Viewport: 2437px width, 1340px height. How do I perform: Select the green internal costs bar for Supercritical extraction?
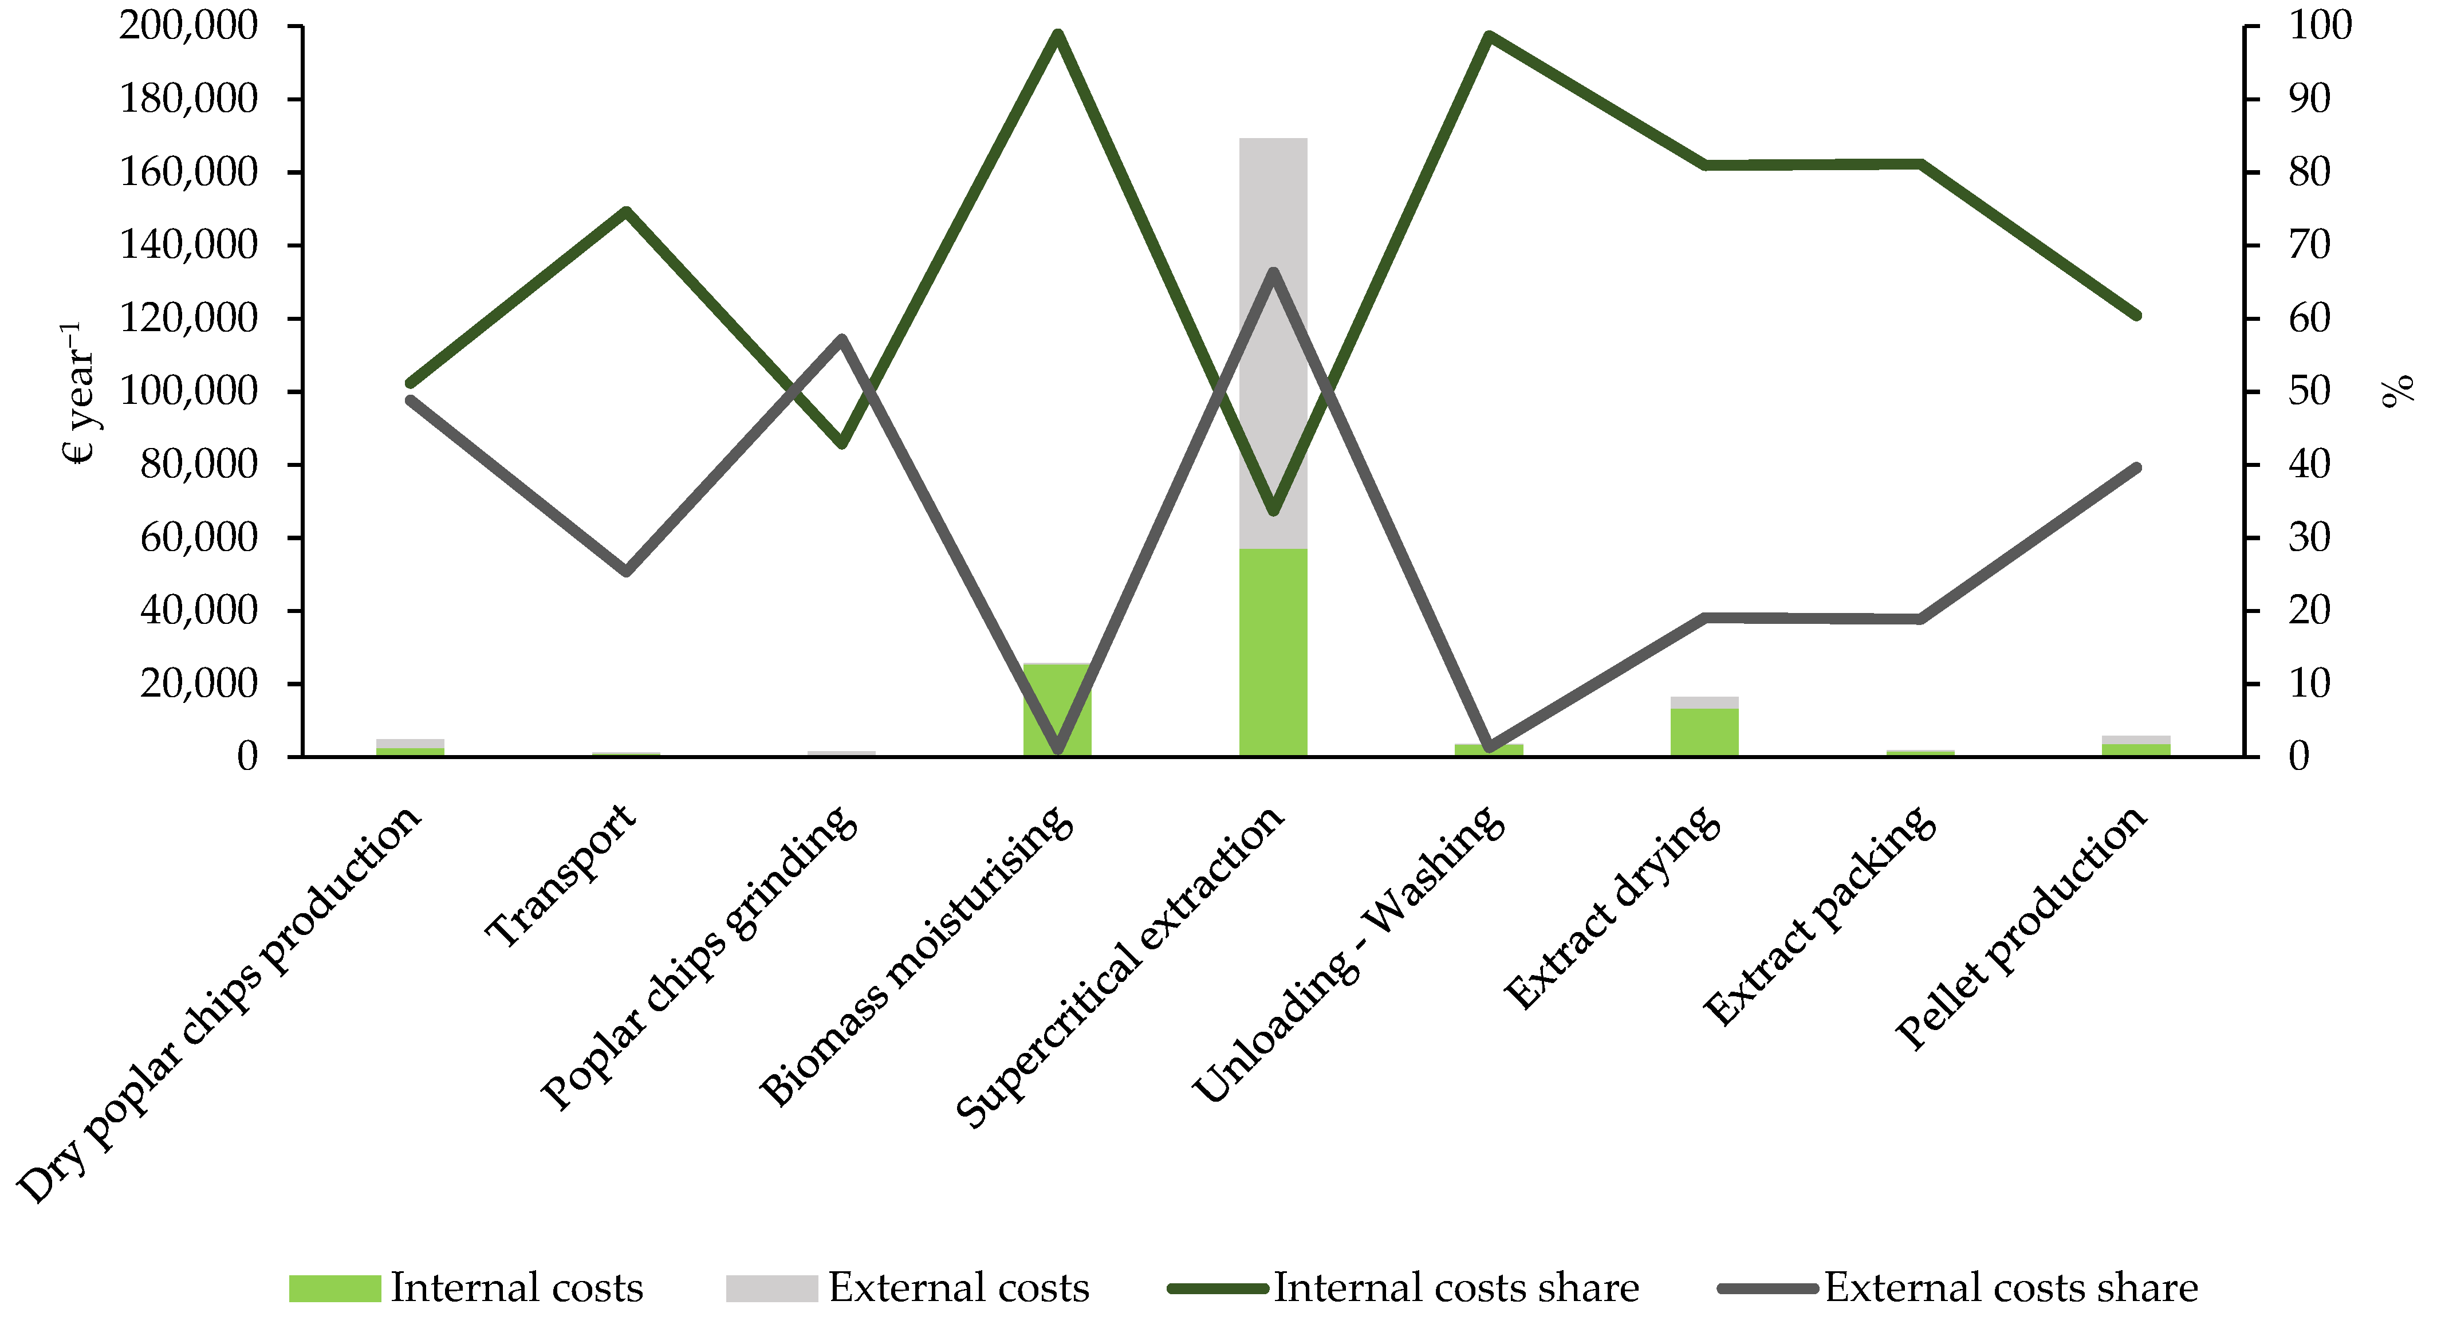point(1273,653)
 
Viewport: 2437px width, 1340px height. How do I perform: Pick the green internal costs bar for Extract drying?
point(1704,733)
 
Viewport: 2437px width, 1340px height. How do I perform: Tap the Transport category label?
point(562,875)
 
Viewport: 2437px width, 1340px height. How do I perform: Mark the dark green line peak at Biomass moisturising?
point(1058,35)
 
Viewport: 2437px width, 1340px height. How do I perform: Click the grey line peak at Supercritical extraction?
point(1273,273)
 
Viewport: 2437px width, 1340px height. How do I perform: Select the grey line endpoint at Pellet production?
point(2136,467)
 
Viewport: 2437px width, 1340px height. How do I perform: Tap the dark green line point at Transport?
point(626,211)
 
